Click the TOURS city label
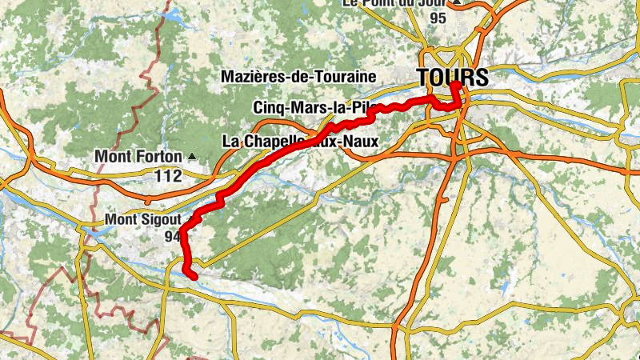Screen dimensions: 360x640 (x=452, y=77)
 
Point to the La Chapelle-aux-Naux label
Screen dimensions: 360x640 (x=299, y=141)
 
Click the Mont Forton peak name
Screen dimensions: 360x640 (x=138, y=156)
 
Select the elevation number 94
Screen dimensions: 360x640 (x=173, y=236)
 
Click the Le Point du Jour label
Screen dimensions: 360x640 (x=394, y=3)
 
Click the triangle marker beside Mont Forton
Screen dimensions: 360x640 (x=191, y=156)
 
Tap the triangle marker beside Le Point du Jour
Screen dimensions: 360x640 (x=457, y=2)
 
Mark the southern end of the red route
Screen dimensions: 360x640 (x=194, y=275)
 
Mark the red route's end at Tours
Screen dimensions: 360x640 (x=454, y=84)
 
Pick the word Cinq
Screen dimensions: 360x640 (x=268, y=107)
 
